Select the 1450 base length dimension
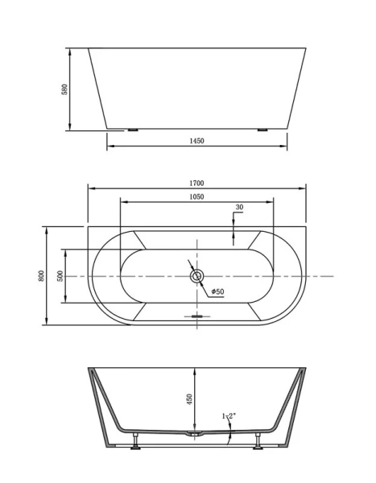tap(197, 140)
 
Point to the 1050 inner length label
tap(196, 196)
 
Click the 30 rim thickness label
tap(240, 208)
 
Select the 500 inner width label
tap(60, 276)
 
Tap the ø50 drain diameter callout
tap(217, 291)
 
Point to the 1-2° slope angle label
tap(229, 416)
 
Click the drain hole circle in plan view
tap(196, 277)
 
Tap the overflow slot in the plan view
tap(196, 316)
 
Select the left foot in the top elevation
tap(132, 129)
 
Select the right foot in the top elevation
tap(262, 129)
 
